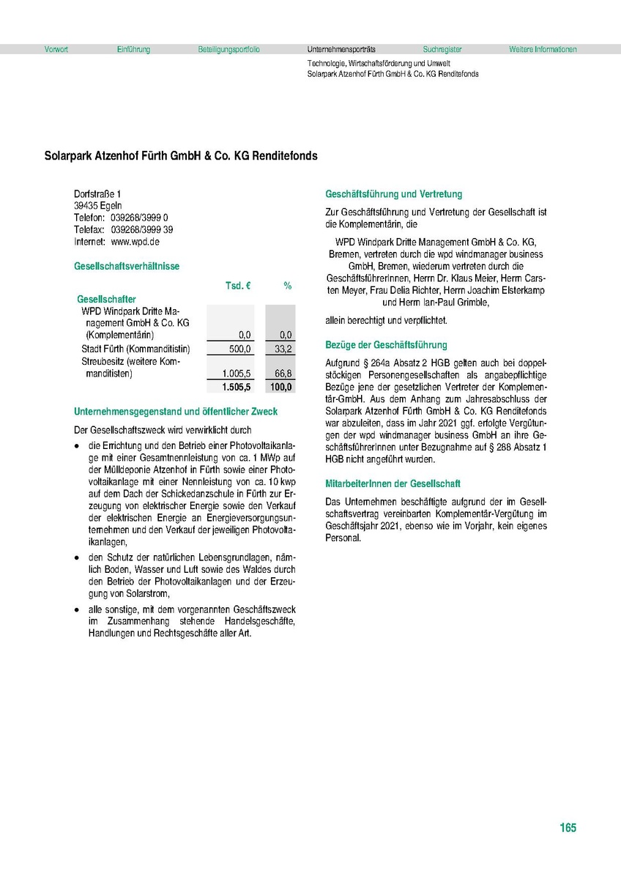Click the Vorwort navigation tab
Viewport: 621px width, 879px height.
pyautogui.click(x=56, y=50)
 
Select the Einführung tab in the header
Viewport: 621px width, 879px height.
pyautogui.click(x=133, y=50)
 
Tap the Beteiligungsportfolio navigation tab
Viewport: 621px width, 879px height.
pyautogui.click(x=228, y=50)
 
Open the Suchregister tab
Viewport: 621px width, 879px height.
pyautogui.click(x=442, y=50)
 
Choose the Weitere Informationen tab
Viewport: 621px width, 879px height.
pyautogui.click(x=543, y=50)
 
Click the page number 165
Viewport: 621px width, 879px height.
pyautogui.click(x=568, y=828)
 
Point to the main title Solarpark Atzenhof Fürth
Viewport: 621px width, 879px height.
pyautogui.click(x=181, y=156)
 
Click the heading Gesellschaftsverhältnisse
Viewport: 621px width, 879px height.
pyautogui.click(x=127, y=267)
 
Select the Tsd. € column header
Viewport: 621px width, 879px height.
pyautogui.click(x=238, y=286)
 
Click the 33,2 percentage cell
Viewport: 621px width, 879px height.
pyautogui.click(x=283, y=349)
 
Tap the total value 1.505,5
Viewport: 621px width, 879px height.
pyautogui.click(x=237, y=387)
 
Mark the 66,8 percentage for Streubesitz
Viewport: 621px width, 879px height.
pyautogui.click(x=283, y=374)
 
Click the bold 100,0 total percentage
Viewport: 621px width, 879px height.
pyautogui.click(x=281, y=387)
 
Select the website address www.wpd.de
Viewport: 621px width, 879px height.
pyautogui.click(x=135, y=241)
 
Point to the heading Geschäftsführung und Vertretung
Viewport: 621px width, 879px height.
pyautogui.click(x=394, y=194)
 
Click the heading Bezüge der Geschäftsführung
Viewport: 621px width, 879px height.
pyautogui.click(x=386, y=344)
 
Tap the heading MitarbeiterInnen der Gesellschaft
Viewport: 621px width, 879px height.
pyautogui.click(x=393, y=483)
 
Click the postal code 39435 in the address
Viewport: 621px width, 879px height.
pyautogui.click(x=86, y=206)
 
